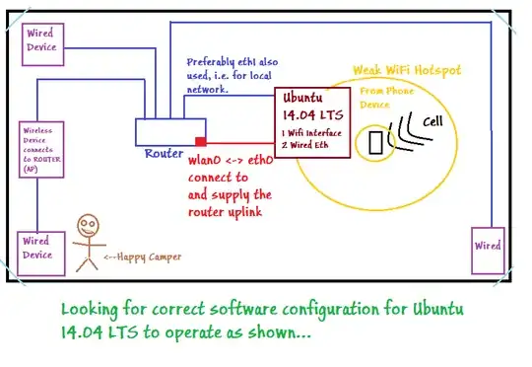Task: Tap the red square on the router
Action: [x=200, y=141]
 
